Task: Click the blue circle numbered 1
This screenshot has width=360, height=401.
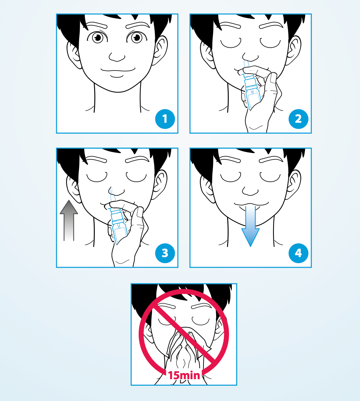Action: coord(165,119)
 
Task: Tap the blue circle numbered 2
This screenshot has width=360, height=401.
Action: coord(298,119)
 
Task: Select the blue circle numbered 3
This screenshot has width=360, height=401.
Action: coord(165,253)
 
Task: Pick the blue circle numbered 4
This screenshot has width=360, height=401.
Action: coord(298,253)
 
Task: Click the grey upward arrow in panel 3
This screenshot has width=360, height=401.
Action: coord(69,220)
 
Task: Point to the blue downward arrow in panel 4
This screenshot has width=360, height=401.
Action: coord(251,226)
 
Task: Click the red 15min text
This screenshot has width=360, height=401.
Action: coord(184,375)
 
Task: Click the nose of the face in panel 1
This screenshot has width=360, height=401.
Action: coord(117,57)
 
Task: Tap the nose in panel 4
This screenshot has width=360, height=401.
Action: coord(251,191)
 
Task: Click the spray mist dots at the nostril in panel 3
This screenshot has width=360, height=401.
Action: coord(111,191)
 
